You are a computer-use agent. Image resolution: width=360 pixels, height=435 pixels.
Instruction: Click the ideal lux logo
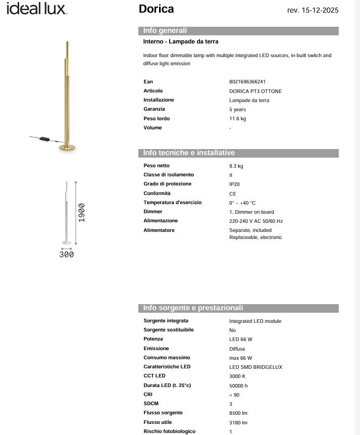[x=36, y=9]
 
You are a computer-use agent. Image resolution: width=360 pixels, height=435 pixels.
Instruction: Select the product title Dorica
[x=156, y=9]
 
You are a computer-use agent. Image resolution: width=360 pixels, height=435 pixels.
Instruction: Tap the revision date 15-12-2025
[x=313, y=10]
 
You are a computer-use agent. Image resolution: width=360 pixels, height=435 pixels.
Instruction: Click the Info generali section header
[x=165, y=31]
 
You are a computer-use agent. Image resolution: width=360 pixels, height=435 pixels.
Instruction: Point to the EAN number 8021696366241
[x=247, y=82]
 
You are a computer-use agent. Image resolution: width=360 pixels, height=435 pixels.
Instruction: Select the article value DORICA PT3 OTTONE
[x=255, y=91]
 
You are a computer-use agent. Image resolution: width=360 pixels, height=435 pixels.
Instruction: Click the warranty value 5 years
[x=237, y=110]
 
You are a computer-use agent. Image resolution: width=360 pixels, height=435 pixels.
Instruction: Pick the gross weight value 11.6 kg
[x=237, y=119]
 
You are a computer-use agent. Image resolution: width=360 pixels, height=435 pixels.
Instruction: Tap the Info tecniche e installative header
[x=189, y=153]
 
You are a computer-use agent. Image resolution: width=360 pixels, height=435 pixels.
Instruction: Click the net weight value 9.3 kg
[x=236, y=166]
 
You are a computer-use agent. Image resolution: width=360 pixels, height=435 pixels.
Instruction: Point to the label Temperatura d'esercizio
[x=172, y=203]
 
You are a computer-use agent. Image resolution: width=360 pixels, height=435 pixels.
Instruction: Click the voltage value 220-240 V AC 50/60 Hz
[x=256, y=221]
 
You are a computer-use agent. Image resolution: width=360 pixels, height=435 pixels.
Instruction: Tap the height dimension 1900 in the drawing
[x=81, y=213]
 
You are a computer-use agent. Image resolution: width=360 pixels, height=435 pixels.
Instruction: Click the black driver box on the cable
[x=45, y=138]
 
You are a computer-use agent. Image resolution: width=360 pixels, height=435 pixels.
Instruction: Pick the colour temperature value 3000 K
[x=237, y=376]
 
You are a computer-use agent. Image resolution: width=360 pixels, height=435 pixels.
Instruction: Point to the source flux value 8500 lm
[x=238, y=413]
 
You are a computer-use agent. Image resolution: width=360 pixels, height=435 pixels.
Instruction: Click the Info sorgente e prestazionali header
[x=193, y=308]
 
